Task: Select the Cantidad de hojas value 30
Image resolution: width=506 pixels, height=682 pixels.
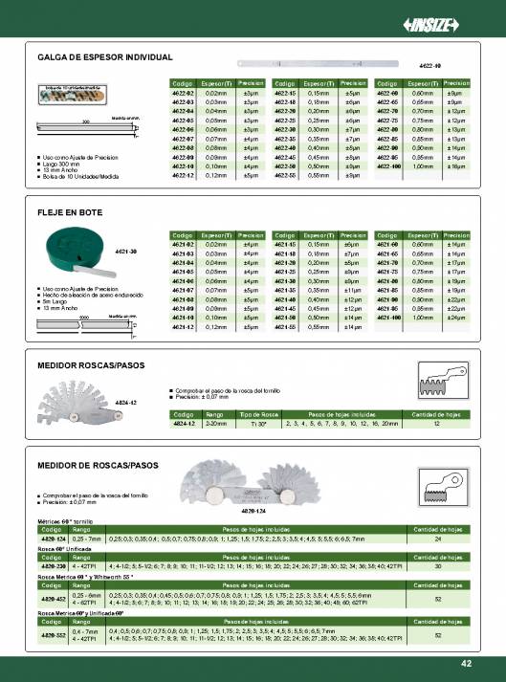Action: [x=437, y=565]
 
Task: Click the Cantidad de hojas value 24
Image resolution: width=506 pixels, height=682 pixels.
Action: [x=437, y=539]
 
